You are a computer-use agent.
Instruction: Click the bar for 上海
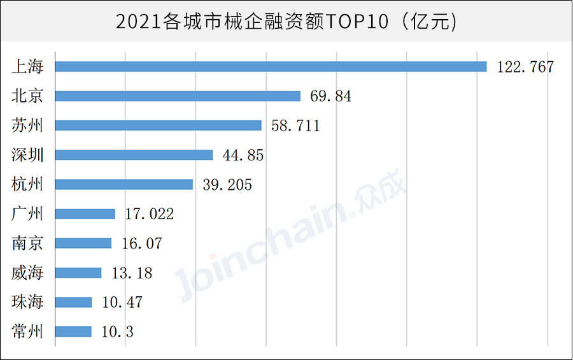(x=271, y=66)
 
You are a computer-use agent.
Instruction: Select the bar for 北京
(x=178, y=96)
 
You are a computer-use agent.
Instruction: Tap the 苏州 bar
(x=158, y=126)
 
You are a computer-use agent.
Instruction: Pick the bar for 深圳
(x=134, y=155)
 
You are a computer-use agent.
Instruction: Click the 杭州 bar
(x=124, y=184)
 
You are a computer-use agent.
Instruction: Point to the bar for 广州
(x=85, y=214)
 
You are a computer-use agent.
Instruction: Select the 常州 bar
(x=73, y=331)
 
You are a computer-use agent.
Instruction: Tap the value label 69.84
(x=330, y=96)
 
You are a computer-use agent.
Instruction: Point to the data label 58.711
(x=295, y=126)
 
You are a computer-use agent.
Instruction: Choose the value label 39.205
(x=227, y=185)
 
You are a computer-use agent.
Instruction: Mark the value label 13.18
(x=132, y=273)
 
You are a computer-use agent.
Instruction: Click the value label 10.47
(x=122, y=303)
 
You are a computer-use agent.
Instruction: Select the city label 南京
(x=27, y=243)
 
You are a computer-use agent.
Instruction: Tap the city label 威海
(x=27, y=273)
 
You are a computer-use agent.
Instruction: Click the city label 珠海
(x=27, y=302)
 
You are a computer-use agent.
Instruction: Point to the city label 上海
(x=27, y=66)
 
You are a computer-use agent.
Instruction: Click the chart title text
(x=286, y=22)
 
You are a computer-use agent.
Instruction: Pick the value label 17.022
(x=149, y=214)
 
